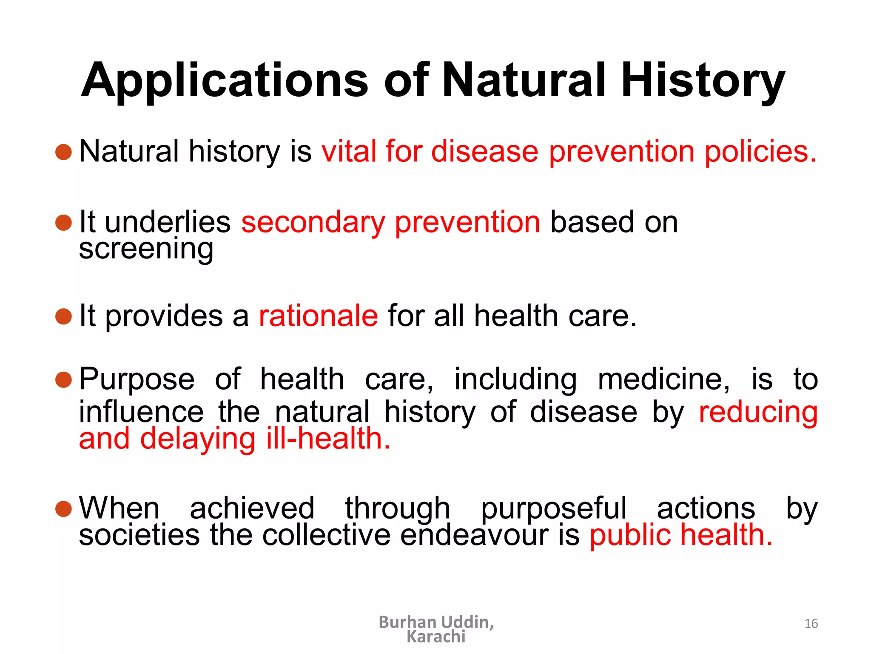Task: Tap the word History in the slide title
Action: (703, 81)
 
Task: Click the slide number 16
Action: (811, 623)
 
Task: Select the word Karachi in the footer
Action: (436, 637)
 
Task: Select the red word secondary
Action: (313, 222)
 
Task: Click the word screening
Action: (146, 249)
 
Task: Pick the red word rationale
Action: (318, 316)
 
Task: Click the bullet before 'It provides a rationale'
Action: (64, 316)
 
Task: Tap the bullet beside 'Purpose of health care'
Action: (64, 379)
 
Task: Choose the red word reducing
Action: (758, 412)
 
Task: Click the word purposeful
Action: (553, 508)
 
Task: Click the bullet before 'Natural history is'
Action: (64, 152)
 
